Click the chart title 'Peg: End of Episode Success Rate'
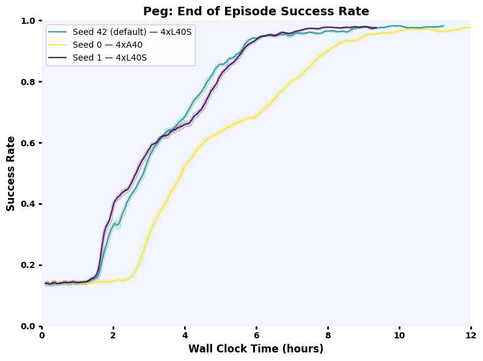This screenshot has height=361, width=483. pos(256,10)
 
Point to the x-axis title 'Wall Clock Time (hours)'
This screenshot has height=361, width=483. pos(256,349)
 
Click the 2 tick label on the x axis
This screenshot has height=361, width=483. pos(113,335)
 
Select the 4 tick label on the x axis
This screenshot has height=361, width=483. pos(185,335)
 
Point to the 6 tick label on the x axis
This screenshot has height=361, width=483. pos(256,335)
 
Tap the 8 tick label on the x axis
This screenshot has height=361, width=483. pos(328,335)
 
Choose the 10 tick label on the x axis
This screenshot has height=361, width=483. pos(399,335)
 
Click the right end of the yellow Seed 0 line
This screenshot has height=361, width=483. pos(470,28)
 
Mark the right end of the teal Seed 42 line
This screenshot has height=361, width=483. pos(443,26)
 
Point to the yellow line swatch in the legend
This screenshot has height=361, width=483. pos(59,45)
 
